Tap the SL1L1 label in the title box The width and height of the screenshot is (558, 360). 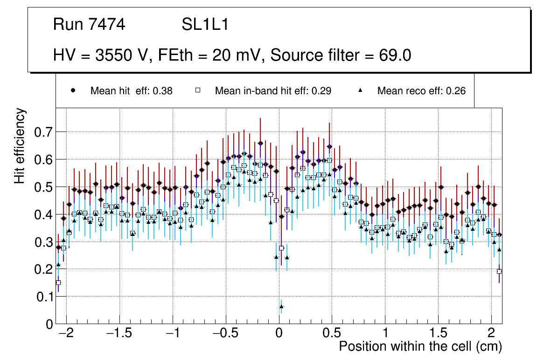205,25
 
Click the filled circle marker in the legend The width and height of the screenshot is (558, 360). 73,91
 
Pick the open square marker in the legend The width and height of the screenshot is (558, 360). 197,91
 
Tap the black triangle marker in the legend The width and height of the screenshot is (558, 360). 360,91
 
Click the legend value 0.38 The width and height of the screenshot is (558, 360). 163,91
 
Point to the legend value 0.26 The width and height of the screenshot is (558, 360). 456,91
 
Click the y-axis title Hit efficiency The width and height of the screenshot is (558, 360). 20,145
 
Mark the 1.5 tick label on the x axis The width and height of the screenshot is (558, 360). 438,334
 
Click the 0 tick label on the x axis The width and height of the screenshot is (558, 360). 279,334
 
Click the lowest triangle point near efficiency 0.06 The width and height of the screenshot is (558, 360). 281,306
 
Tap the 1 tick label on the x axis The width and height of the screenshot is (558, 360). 385,334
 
